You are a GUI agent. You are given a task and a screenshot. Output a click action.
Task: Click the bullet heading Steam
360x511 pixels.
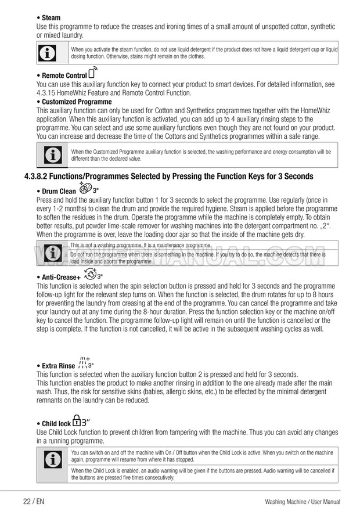[x=51, y=18]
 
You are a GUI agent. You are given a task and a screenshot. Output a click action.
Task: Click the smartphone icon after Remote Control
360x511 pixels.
[x=92, y=74]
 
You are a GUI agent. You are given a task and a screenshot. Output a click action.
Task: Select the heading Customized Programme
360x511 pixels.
[x=76, y=102]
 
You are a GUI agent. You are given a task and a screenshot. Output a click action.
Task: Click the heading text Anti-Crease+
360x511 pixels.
[x=61, y=277]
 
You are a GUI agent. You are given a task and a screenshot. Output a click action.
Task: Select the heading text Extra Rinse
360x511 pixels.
[x=58, y=366]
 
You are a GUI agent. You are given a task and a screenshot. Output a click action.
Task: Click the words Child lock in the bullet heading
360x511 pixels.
[x=56, y=424]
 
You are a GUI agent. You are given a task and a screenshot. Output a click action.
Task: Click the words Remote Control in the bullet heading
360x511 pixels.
[x=64, y=75]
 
